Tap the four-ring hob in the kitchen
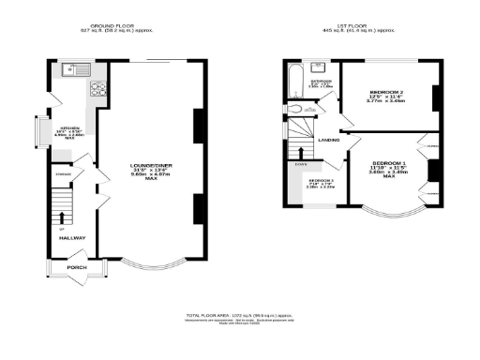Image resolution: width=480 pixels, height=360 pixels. click(98, 90)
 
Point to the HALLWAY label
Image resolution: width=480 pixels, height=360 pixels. click(73, 238)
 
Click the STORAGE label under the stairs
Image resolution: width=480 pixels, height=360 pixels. click(64, 173)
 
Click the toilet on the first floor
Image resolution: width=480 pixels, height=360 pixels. click(297, 111)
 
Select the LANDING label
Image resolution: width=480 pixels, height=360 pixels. click(328, 141)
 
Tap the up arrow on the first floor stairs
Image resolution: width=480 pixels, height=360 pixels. click(300, 152)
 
